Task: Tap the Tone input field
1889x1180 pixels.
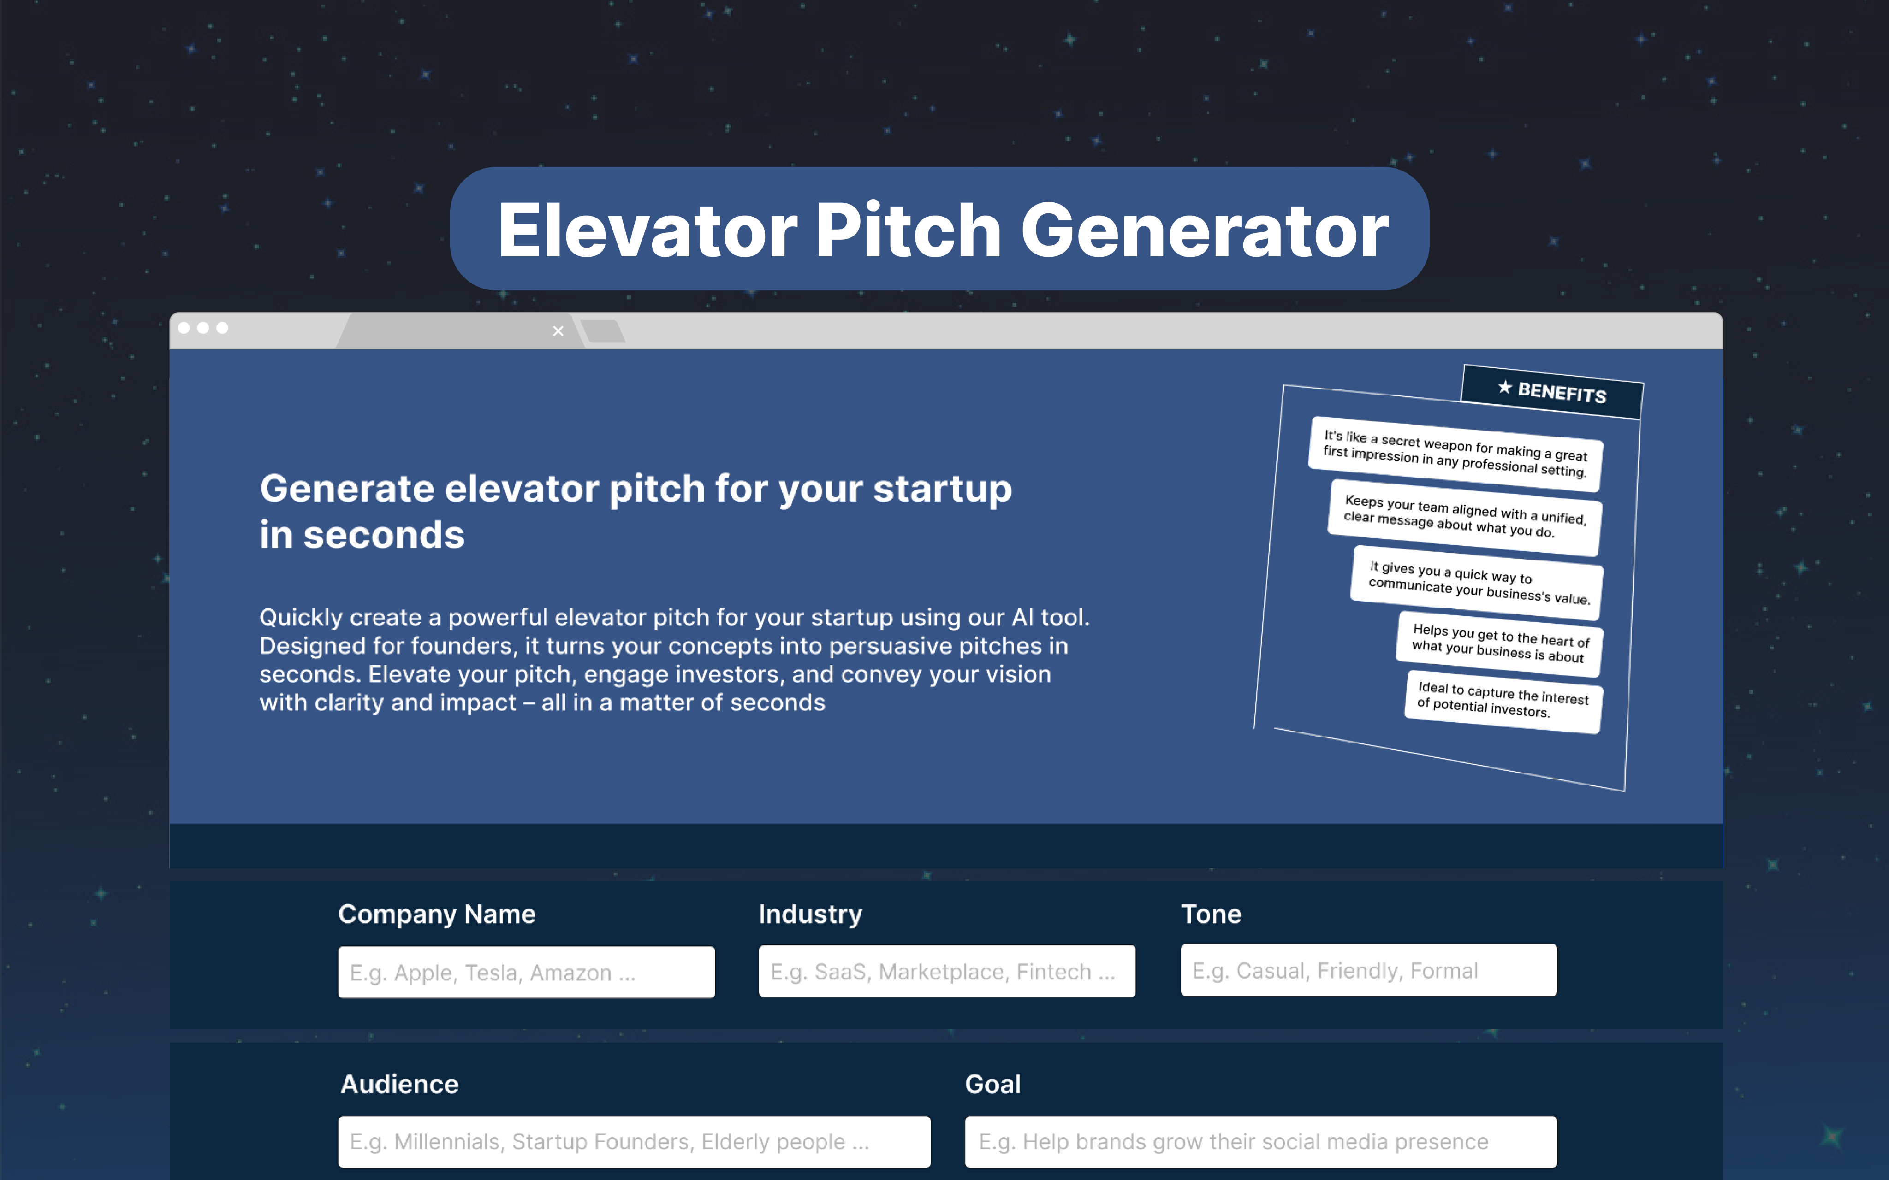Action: [x=1368, y=970]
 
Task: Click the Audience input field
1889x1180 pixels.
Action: [x=634, y=1142]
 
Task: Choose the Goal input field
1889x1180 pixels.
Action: [x=1260, y=1142]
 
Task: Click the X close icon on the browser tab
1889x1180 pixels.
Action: [x=558, y=331]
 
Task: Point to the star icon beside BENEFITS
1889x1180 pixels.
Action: [x=1504, y=387]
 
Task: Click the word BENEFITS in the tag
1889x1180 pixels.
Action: [x=1562, y=393]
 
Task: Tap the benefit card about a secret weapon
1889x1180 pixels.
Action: [x=1456, y=454]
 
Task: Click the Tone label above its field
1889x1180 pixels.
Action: [x=1211, y=914]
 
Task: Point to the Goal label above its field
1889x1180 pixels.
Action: [x=993, y=1084]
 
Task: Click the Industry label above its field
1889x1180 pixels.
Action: [x=810, y=914]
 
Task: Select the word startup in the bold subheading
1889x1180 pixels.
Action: [x=942, y=490]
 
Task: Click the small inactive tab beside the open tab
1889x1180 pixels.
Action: [x=603, y=331]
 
